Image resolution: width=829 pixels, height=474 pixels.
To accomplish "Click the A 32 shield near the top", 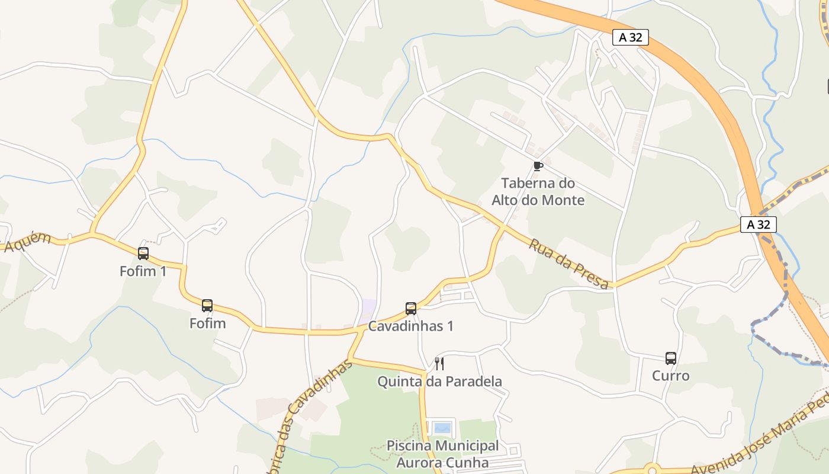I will tap(630, 37).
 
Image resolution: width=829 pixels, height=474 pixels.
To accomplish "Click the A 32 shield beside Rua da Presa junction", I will tap(758, 225).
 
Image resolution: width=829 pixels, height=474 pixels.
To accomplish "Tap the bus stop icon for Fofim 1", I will tap(143, 254).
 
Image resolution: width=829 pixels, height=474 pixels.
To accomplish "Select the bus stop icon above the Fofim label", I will tap(207, 306).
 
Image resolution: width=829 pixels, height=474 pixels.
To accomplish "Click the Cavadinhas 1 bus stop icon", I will tap(411, 308).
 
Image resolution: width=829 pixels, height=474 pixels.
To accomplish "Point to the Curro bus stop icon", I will tap(670, 358).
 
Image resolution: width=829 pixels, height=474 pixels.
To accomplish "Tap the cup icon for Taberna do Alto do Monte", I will tap(538, 166).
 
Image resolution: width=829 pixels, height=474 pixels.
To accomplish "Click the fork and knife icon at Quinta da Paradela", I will tap(439, 363).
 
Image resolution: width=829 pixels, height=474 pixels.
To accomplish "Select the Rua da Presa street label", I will tap(568, 264).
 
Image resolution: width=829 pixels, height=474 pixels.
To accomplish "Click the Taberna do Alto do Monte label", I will tap(538, 191).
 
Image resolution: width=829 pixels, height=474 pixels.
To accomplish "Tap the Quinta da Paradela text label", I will tap(440, 381).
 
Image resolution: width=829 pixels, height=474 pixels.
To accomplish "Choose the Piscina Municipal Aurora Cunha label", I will tap(442, 454).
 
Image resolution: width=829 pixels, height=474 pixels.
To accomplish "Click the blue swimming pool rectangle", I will tap(442, 428).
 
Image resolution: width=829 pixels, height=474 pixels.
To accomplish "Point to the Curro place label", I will tap(670, 376).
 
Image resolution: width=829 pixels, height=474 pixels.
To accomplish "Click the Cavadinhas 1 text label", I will tap(411, 326).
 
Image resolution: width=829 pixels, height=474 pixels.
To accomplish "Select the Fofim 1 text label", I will tap(143, 271).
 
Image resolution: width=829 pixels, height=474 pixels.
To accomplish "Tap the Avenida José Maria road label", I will tap(764, 438).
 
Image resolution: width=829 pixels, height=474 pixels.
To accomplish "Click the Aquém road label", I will tap(27, 242).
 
